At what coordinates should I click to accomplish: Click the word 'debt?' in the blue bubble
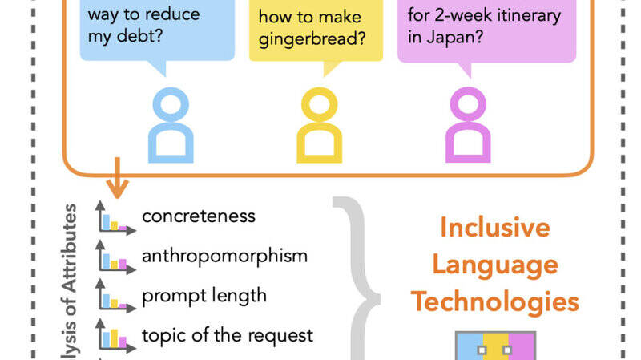coord(139,36)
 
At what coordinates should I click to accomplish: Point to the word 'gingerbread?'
coord(312,39)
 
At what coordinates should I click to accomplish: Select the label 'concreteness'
coord(199,216)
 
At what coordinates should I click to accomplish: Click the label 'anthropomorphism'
coord(224,256)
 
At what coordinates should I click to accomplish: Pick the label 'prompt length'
coord(204,296)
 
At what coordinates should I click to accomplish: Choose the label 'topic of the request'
coord(228,335)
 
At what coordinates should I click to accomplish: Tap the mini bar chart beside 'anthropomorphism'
coord(115,257)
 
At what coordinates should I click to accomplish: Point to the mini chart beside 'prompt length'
coord(115,297)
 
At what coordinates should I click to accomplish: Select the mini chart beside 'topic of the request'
coord(115,336)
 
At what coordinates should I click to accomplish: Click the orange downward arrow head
coord(117,188)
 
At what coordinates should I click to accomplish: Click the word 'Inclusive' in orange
coord(495,228)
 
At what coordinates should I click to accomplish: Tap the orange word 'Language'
coord(495,265)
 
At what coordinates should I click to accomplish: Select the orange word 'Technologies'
coord(495,302)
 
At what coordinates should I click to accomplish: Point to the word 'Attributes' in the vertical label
coord(70,248)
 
